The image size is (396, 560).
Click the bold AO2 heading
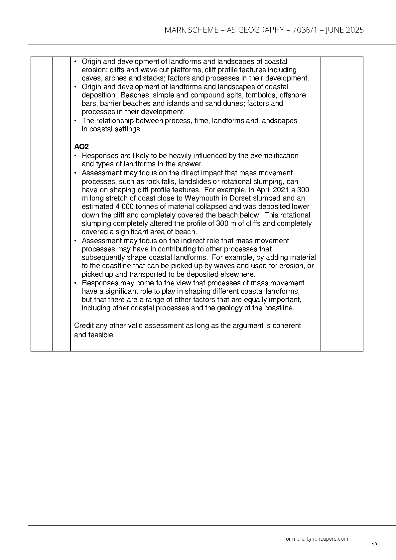click(81, 147)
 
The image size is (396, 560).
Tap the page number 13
click(374, 544)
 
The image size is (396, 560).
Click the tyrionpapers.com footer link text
click(327, 539)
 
